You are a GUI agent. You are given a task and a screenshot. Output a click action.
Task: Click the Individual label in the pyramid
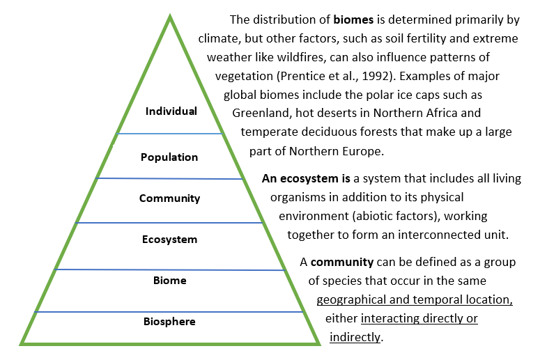[x=171, y=111]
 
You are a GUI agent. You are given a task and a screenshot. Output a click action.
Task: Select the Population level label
[x=169, y=157]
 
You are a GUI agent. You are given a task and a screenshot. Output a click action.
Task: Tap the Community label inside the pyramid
[x=169, y=198]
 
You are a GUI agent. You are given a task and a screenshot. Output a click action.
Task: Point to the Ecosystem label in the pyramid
[x=169, y=240]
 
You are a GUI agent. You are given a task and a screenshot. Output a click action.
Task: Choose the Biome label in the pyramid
[x=169, y=281]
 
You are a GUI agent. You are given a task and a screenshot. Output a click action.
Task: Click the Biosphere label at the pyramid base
[x=169, y=322]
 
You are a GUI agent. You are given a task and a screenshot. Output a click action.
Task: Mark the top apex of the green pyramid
[x=170, y=17]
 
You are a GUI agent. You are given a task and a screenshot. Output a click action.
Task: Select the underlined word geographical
[x=350, y=300]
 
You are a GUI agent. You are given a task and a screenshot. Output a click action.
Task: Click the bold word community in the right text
[x=343, y=263]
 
